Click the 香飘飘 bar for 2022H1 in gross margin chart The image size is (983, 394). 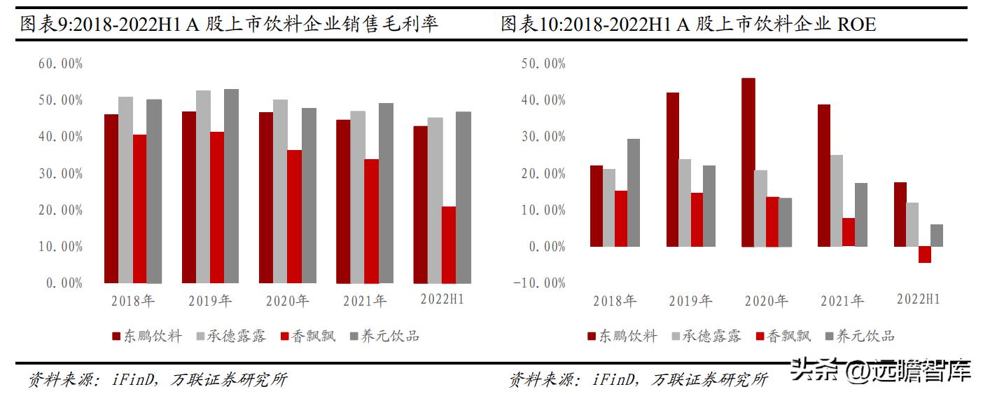coord(448,245)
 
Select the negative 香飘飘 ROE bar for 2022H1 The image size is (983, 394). coord(924,254)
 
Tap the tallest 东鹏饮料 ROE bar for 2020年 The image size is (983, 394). coord(748,162)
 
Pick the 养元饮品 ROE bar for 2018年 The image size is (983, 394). coord(633,192)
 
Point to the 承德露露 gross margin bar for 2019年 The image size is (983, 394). coord(203,186)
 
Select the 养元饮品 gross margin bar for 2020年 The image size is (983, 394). coord(309,196)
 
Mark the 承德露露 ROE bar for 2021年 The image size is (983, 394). coord(837,201)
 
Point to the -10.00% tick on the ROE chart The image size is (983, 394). coord(539,283)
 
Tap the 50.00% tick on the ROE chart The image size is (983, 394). coord(543,64)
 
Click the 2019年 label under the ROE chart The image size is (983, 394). coord(690,301)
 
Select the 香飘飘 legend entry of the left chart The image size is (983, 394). coord(307,336)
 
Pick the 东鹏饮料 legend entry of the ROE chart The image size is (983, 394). coord(622,337)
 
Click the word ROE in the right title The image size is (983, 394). coord(856,25)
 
